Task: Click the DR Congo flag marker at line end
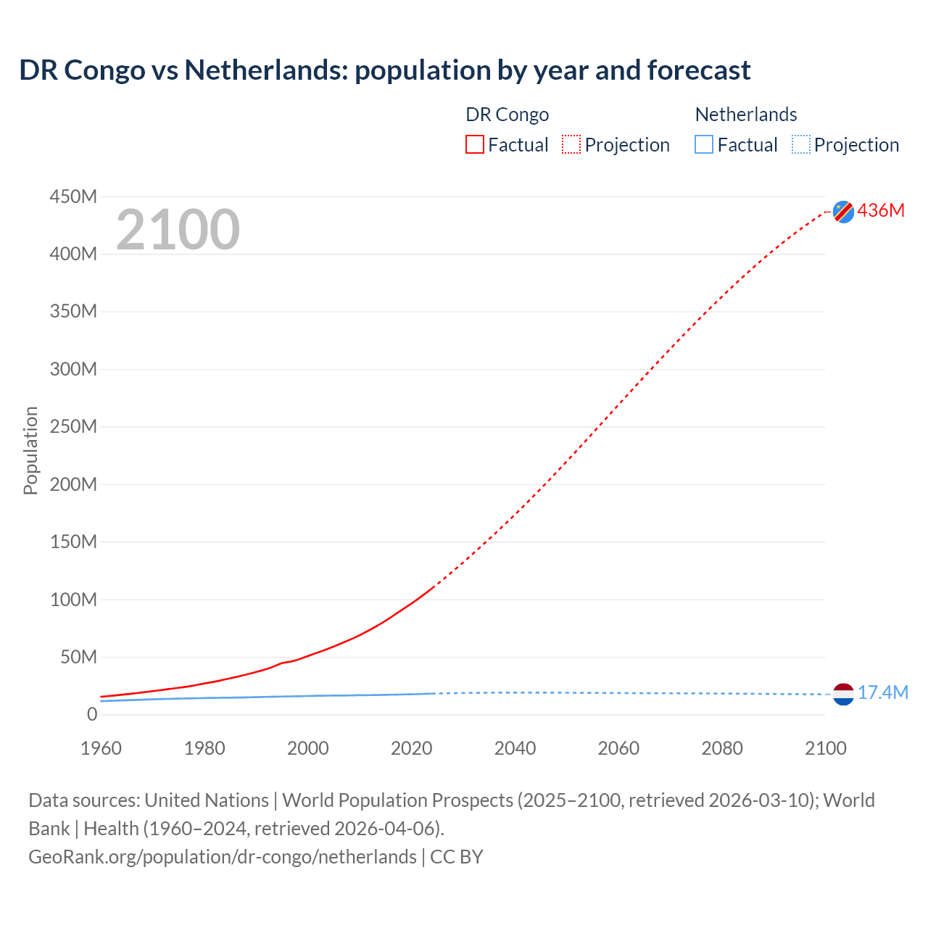[843, 212]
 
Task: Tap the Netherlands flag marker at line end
[843, 695]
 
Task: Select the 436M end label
[881, 210]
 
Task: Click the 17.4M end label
[882, 693]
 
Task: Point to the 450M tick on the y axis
[73, 196]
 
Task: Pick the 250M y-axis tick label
[73, 426]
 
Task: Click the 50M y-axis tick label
[78, 657]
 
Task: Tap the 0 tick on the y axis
[91, 714]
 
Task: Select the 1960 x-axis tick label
[101, 748]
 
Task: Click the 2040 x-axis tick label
[515, 748]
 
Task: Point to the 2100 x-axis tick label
[825, 748]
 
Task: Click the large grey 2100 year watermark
[178, 230]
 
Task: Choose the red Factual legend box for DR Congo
[474, 144]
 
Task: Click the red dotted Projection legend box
[571, 144]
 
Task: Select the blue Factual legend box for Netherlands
[703, 144]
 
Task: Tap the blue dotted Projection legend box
[800, 144]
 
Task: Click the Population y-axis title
[30, 450]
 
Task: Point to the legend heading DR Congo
[507, 115]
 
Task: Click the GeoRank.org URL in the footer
[223, 857]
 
